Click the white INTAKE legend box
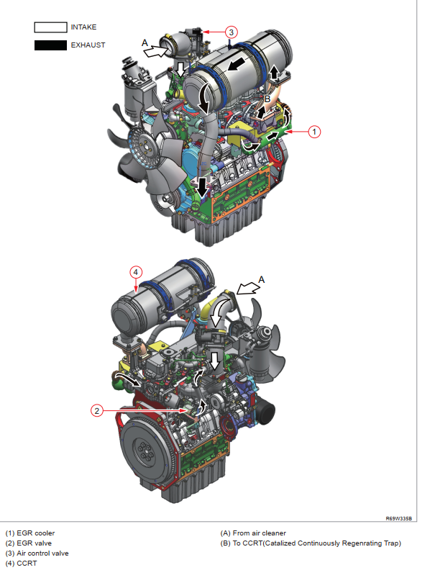click(x=50, y=27)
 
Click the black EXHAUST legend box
click(x=50, y=45)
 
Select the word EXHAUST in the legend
click(x=88, y=45)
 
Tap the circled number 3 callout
click(x=232, y=32)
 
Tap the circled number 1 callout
click(x=314, y=132)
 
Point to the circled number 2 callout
click(x=96, y=411)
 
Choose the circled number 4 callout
click(x=136, y=272)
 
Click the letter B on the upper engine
click(x=267, y=99)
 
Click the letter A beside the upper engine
click(x=145, y=42)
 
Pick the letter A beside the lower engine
click(x=262, y=279)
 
